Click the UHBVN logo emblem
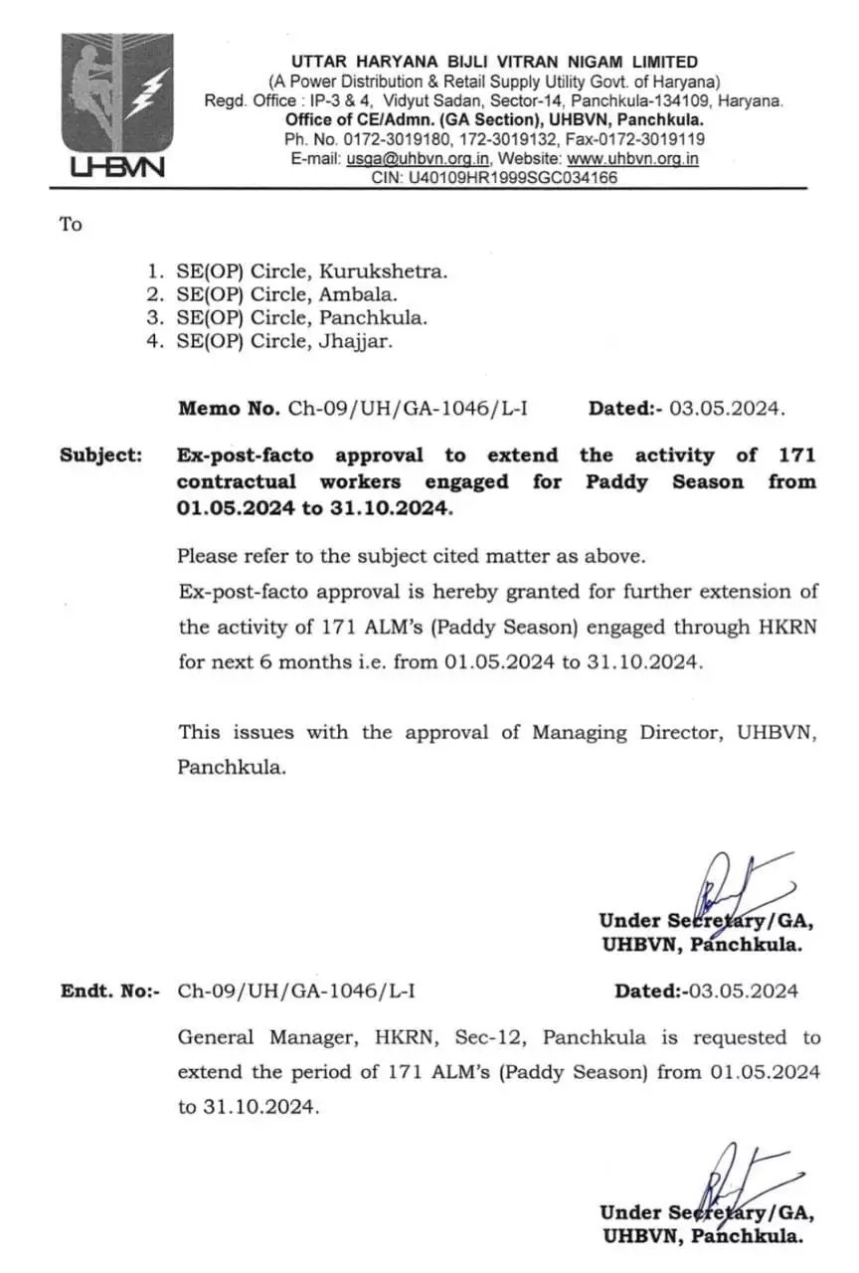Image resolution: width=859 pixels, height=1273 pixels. [x=116, y=104]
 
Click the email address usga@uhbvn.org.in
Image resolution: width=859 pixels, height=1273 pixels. [x=418, y=159]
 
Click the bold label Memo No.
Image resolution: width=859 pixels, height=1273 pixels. [x=229, y=408]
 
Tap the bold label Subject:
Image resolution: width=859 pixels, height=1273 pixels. [x=100, y=455]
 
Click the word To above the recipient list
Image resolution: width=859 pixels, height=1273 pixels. [x=71, y=224]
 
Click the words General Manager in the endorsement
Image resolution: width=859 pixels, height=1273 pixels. [x=263, y=1037]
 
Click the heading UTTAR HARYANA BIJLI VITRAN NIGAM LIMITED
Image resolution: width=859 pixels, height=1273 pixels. [x=494, y=62]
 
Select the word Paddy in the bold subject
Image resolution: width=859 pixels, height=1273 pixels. [x=615, y=481]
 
